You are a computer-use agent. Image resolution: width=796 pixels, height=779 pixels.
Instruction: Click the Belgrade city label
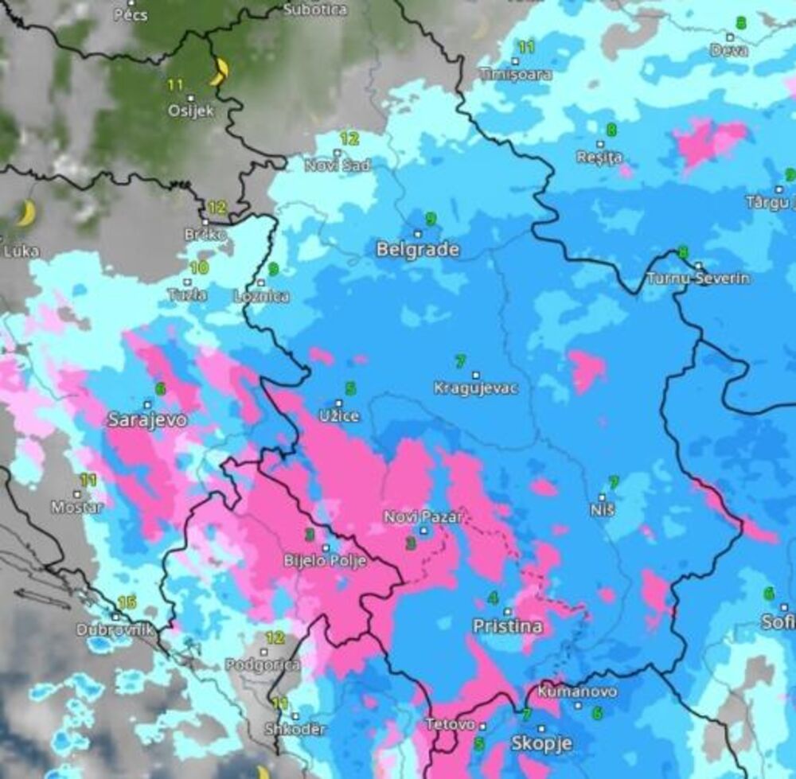[x=418, y=250]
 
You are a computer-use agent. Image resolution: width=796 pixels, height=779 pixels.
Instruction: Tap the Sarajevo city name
[x=147, y=420]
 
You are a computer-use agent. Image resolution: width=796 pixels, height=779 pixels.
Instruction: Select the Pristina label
[x=508, y=626]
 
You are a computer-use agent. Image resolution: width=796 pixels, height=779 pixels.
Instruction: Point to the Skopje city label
[x=541, y=744]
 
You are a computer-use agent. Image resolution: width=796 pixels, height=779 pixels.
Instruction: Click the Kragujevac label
[x=476, y=389]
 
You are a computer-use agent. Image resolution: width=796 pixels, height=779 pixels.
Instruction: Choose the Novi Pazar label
[x=423, y=517]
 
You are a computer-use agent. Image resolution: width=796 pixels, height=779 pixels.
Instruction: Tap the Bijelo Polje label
[x=326, y=561]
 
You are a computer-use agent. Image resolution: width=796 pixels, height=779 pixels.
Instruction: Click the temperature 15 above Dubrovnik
[x=127, y=602]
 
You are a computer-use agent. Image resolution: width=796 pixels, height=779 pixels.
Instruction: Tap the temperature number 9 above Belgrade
[x=431, y=219]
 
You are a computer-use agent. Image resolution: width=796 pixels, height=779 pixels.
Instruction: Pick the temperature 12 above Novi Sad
[x=349, y=139]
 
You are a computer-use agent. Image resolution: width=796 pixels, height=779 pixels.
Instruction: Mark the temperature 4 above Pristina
[x=494, y=598]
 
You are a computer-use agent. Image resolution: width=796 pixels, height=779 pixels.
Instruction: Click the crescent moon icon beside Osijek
[x=220, y=72]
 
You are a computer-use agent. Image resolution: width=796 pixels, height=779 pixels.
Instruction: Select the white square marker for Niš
[x=603, y=496]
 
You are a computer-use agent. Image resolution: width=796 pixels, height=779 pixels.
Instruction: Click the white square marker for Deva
[x=730, y=37]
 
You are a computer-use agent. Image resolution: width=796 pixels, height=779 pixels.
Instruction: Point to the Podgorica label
[x=263, y=664]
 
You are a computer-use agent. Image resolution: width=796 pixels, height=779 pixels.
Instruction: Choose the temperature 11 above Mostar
[x=88, y=480]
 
